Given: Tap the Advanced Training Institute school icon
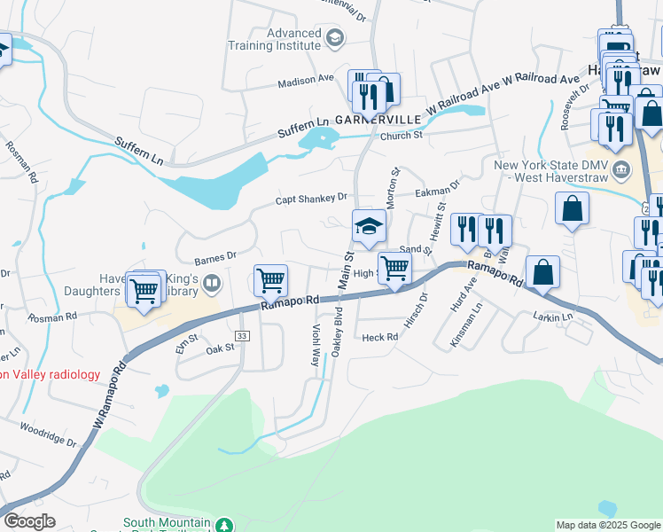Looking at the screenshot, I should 335,36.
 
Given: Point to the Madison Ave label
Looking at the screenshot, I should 305,78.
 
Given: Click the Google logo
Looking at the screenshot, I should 28,521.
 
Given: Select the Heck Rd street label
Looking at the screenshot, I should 380,337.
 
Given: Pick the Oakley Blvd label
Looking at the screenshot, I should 337,333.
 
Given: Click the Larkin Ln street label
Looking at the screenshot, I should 555,316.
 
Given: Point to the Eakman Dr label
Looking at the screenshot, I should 439,189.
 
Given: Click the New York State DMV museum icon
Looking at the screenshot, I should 621,168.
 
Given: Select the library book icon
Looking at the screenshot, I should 212,284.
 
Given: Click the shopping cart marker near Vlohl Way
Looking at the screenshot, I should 271,280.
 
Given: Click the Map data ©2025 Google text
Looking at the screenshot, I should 607,525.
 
